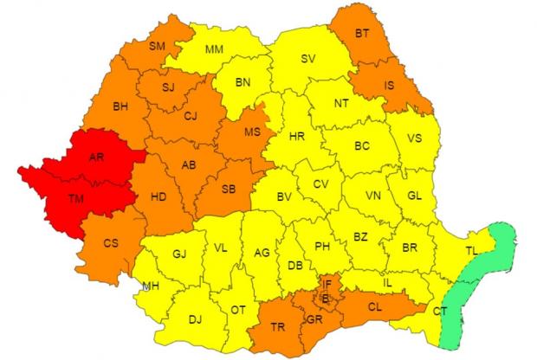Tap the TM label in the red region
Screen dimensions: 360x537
(78, 201)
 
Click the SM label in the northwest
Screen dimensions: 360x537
(158, 46)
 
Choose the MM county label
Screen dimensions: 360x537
(215, 49)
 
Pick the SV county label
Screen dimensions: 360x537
(307, 59)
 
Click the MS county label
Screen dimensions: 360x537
(253, 132)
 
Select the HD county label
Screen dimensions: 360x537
(159, 197)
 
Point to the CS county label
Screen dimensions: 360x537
(111, 243)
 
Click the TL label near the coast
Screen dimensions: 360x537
(470, 251)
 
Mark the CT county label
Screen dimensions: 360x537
(440, 311)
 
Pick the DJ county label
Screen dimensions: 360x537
(195, 319)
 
